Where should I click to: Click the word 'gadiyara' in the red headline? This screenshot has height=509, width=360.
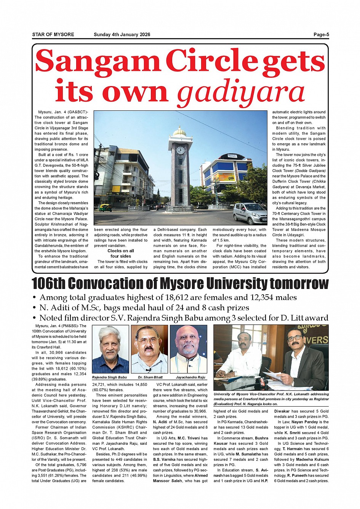pyautogui.click(x=241, y=92)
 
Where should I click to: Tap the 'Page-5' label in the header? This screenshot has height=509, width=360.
pyautogui.click(x=321, y=35)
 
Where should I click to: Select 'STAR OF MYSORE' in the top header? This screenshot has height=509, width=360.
pyautogui.click(x=53, y=35)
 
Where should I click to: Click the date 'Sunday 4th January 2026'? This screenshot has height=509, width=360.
pyautogui.click(x=122, y=35)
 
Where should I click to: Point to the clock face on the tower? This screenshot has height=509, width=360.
pyautogui.click(x=180, y=150)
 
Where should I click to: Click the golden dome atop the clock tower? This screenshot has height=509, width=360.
pyautogui.click(x=180, y=131)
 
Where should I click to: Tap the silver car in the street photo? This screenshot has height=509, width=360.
pyautogui.click(x=250, y=213)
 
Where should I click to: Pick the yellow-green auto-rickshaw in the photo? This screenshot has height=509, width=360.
pyautogui.click(x=105, y=207)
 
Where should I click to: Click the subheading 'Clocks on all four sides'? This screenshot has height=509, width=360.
pyautogui.click(x=120, y=254)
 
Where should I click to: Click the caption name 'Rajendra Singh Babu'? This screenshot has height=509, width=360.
pyautogui.click(x=109, y=377)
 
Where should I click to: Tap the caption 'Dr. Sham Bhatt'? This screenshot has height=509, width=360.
pyautogui.click(x=150, y=377)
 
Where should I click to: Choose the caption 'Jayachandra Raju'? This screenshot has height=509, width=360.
pyautogui.click(x=190, y=377)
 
